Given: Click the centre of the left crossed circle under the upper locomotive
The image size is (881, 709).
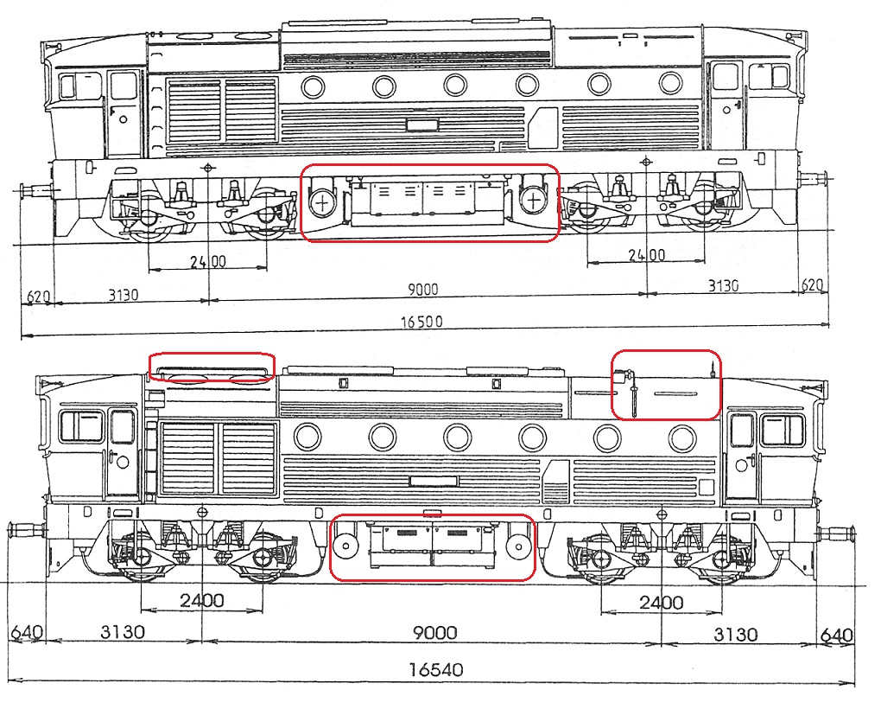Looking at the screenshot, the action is [322, 201].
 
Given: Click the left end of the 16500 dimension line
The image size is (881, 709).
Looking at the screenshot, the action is [22, 337].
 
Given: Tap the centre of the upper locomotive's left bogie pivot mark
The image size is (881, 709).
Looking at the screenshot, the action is [209, 168].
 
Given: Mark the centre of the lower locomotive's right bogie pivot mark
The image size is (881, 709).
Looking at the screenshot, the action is [662, 514].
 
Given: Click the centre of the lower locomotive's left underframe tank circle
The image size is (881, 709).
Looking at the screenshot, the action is [345, 546].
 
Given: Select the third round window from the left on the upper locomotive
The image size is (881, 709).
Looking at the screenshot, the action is [455, 86].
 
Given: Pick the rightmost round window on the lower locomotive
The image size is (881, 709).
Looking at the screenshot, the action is [682, 438].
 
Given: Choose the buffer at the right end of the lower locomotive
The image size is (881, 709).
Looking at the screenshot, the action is [839, 533].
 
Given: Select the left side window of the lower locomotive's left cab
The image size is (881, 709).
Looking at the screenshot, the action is [82, 426].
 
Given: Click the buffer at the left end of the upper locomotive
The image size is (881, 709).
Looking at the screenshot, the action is [35, 190].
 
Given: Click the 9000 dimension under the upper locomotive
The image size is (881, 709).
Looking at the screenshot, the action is [422, 289].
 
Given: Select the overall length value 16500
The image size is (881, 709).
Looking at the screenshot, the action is [421, 322].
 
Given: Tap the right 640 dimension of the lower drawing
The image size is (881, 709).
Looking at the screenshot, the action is [837, 636].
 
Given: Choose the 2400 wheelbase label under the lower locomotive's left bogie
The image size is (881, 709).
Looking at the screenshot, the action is [202, 600].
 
